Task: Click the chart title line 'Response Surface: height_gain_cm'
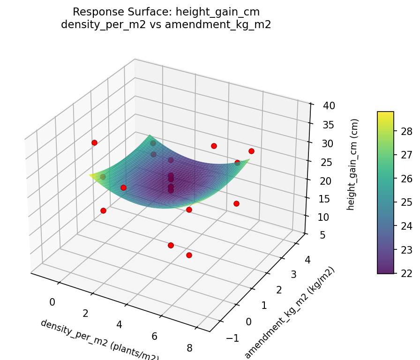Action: pyautogui.click(x=166, y=12)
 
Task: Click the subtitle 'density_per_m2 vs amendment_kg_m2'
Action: pyautogui.click(x=166, y=25)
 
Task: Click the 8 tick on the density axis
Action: pyautogui.click(x=189, y=347)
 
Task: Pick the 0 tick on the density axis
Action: pyautogui.click(x=52, y=302)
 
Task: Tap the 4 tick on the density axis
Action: pyautogui.click(x=120, y=325)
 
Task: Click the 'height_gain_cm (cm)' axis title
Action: pyautogui.click(x=350, y=164)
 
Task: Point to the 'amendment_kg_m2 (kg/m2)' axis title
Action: pyautogui.click(x=289, y=313)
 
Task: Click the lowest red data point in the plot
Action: pyautogui.click(x=189, y=255)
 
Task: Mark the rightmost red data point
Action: pyautogui.click(x=251, y=151)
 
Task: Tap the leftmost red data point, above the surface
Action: pyautogui.click(x=94, y=142)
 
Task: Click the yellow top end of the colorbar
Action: pyautogui.click(x=385, y=114)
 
